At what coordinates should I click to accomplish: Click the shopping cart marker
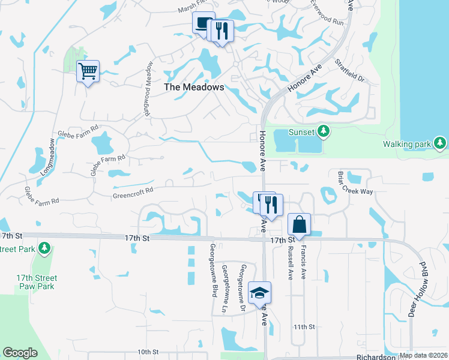pyautogui.click(x=88, y=72)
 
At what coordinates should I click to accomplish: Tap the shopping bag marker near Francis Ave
pyautogui.click(x=299, y=225)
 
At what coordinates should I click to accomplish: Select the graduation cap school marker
pyautogui.click(x=259, y=293)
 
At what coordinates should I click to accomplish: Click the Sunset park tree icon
pyautogui.click(x=324, y=131)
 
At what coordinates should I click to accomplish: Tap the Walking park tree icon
pyautogui.click(x=441, y=143)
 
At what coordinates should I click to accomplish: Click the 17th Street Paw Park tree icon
pyautogui.click(x=43, y=248)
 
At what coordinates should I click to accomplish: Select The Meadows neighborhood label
pyautogui.click(x=194, y=87)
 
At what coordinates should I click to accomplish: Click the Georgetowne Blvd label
pyautogui.click(x=213, y=271)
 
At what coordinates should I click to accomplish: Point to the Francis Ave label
pyautogui.click(x=304, y=265)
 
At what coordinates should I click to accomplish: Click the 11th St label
pyautogui.click(x=304, y=327)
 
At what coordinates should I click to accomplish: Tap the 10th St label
pyautogui.click(x=147, y=352)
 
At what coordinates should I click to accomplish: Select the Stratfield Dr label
pyautogui.click(x=350, y=70)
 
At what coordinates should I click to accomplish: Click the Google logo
pyautogui.click(x=20, y=353)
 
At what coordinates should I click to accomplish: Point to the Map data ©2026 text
pyautogui.click(x=423, y=355)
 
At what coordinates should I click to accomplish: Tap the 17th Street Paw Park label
pyautogui.click(x=37, y=282)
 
